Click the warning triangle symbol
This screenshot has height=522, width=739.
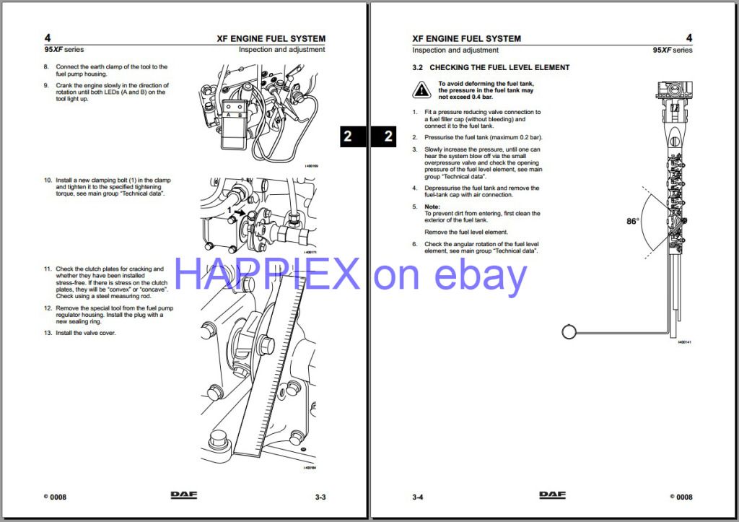(x=421, y=90)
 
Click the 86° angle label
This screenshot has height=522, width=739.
(x=633, y=222)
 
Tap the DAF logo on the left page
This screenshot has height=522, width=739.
(x=184, y=495)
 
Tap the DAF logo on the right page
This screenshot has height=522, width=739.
(x=553, y=495)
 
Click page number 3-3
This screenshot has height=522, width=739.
(x=320, y=497)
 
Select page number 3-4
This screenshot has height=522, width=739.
(x=418, y=497)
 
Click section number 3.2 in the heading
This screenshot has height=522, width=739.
(x=417, y=67)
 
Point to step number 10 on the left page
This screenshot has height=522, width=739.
(x=48, y=180)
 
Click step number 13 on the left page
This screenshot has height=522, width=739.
(x=48, y=333)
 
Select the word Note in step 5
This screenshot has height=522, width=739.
(x=432, y=206)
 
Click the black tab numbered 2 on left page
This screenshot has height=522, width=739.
(x=348, y=136)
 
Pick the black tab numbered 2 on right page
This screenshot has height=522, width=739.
(x=388, y=136)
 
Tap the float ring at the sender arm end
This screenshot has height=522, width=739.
(x=569, y=331)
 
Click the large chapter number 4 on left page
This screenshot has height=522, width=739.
(x=48, y=38)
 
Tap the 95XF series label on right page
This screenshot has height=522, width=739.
(x=672, y=50)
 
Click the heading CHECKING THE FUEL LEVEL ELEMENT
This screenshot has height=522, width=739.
(x=499, y=67)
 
